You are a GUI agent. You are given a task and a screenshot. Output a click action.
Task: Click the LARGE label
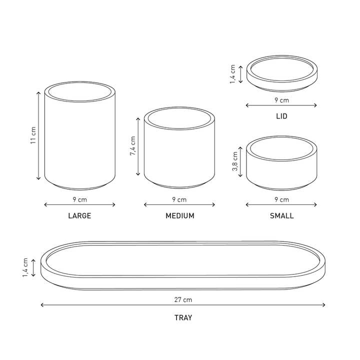click(79, 216)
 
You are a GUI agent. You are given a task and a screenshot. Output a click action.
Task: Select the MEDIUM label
click(180, 216)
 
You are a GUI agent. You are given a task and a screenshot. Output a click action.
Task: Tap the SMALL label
click(281, 216)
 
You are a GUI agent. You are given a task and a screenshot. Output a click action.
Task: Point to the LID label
click(281, 116)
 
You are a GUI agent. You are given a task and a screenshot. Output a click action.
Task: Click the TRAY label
click(183, 318)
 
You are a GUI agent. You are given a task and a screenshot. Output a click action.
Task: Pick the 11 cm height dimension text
click(33, 135)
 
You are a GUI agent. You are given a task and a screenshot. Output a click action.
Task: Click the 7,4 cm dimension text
click(132, 146)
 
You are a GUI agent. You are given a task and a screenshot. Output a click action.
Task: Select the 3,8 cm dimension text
click(235, 161)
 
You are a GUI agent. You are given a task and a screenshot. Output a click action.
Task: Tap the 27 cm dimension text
click(183, 300)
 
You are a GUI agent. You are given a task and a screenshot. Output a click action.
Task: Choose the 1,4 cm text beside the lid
click(232, 74)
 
